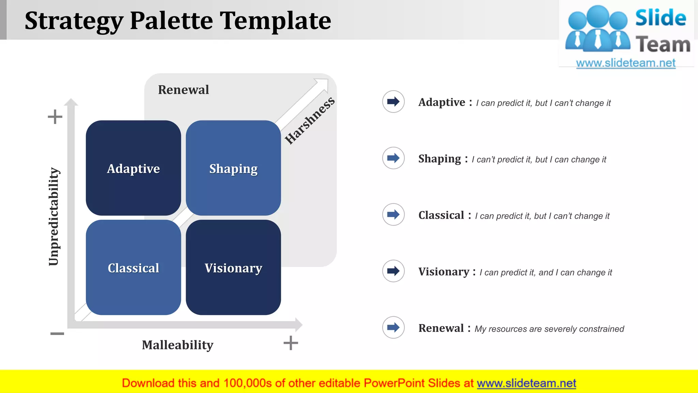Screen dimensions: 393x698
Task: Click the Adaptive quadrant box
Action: coord(133,168)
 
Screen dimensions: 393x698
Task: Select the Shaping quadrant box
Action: coord(233,168)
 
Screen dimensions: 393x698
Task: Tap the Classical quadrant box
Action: coord(133,267)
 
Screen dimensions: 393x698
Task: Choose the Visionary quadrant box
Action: coord(233,267)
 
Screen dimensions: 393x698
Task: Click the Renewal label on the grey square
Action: coord(183,90)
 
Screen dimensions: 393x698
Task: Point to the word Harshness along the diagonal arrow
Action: coord(309,121)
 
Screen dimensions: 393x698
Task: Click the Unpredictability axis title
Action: coord(54,216)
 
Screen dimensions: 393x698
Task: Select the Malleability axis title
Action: coord(178,345)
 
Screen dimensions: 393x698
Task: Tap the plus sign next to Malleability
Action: coord(291,343)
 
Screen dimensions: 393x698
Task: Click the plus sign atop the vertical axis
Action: coord(55,117)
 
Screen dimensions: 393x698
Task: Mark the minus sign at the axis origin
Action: coord(57,333)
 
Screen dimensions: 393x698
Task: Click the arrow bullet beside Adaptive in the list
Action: coord(393,101)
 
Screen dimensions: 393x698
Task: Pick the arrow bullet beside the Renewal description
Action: coord(393,327)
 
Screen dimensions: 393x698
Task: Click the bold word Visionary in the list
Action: coord(444,272)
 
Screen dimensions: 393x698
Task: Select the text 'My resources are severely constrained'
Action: coord(549,329)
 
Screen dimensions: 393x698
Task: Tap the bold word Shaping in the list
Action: coord(439,159)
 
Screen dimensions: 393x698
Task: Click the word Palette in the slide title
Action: coord(171,20)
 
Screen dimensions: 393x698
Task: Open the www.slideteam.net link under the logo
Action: coord(626,63)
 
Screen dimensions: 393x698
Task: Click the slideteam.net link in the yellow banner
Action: coord(526,383)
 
